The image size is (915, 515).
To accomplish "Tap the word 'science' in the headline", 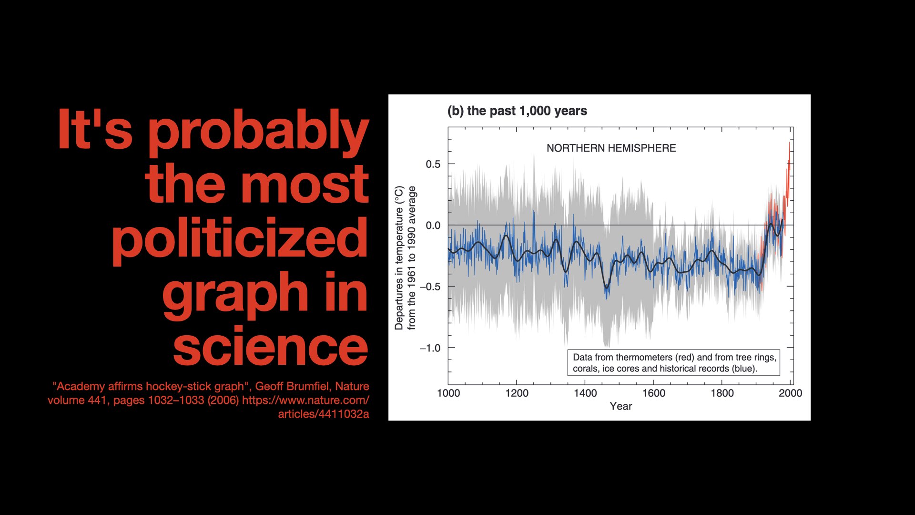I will pyautogui.click(x=270, y=346).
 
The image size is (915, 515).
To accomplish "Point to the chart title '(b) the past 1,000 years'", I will pyautogui.click(x=517, y=111).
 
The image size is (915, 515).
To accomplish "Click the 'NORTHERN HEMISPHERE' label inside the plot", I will pyautogui.click(x=611, y=148).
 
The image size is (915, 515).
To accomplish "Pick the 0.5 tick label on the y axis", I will pyautogui.click(x=433, y=165).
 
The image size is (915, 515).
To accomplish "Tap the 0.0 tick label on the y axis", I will pyautogui.click(x=433, y=226).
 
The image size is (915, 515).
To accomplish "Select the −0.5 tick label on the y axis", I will pyautogui.click(x=430, y=287).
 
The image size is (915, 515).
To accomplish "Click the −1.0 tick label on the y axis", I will pyautogui.click(x=430, y=348).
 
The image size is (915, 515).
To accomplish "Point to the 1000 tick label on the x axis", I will pyautogui.click(x=448, y=393).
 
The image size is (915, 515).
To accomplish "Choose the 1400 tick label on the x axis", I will pyautogui.click(x=585, y=393).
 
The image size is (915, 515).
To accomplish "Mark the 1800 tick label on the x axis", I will pyautogui.click(x=722, y=393).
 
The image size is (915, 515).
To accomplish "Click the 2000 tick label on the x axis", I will pyautogui.click(x=790, y=393).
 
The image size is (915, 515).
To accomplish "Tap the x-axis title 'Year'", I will pyautogui.click(x=621, y=406).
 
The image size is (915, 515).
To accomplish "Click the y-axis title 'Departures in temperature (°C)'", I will pyautogui.click(x=399, y=258).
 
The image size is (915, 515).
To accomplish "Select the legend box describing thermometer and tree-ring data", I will pyautogui.click(x=673, y=363).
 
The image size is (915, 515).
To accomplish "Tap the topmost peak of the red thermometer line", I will pyautogui.click(x=789, y=143).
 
